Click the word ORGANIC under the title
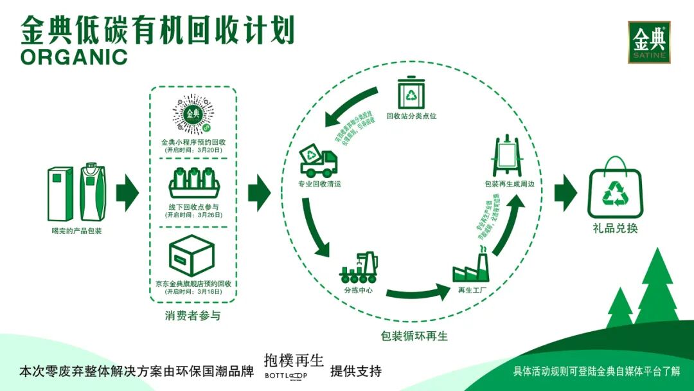pyautogui.click(x=74, y=57)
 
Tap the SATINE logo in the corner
pyautogui.click(x=649, y=42)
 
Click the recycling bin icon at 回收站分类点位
pyautogui.click(x=411, y=93)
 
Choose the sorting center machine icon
pyautogui.click(x=359, y=271)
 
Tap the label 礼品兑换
pyautogui.click(x=615, y=228)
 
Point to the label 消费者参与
pyautogui.click(x=193, y=316)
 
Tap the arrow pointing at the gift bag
pyautogui.click(x=565, y=192)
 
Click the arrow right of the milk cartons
pyautogui.click(x=127, y=192)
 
